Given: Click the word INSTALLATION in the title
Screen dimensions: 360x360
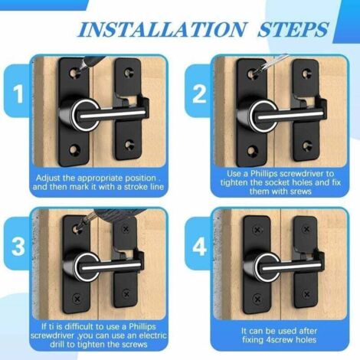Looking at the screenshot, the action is (x=162, y=30).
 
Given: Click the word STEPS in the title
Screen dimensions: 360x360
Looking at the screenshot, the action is (x=293, y=30).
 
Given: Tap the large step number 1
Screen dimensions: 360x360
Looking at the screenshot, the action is (x=18, y=94).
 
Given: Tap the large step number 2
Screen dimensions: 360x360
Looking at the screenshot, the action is (x=199, y=94).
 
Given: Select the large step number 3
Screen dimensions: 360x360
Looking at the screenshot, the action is (x=18, y=247).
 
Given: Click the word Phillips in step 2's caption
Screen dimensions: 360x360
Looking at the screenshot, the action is (x=263, y=174).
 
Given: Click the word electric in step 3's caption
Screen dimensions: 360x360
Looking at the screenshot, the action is (x=152, y=335).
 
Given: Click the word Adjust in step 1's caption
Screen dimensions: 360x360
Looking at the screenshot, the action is (x=47, y=178).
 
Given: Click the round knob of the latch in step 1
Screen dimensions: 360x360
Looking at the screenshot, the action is (x=86, y=115).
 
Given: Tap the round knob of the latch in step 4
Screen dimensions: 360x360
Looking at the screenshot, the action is (x=267, y=267).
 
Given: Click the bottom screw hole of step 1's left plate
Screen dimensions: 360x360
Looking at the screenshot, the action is (x=74, y=149).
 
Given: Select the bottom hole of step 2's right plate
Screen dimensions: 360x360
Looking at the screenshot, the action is (x=306, y=146).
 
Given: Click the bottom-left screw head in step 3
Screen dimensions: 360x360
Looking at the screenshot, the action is (x=77, y=298).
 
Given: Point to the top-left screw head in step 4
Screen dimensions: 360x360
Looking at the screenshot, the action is (x=257, y=230).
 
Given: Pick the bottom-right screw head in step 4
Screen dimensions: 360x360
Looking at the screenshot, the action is (x=306, y=294).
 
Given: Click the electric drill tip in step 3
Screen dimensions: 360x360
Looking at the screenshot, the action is (x=77, y=228).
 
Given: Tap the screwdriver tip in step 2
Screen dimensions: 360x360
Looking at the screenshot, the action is (x=254, y=74).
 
